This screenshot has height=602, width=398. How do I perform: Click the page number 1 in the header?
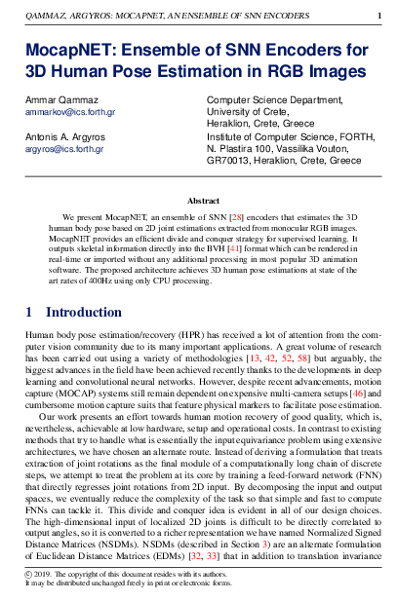pyautogui.click(x=378, y=16)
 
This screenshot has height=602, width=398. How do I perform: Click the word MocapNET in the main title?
pyautogui.click(x=70, y=50)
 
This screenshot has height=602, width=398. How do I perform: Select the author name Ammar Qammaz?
pyautogui.click(x=60, y=102)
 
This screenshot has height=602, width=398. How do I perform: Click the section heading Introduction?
pyautogui.click(x=84, y=312)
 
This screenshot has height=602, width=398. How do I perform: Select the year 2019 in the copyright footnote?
pyautogui.click(x=48, y=576)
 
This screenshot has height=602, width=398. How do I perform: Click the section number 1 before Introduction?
pyautogui.click(x=29, y=312)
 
